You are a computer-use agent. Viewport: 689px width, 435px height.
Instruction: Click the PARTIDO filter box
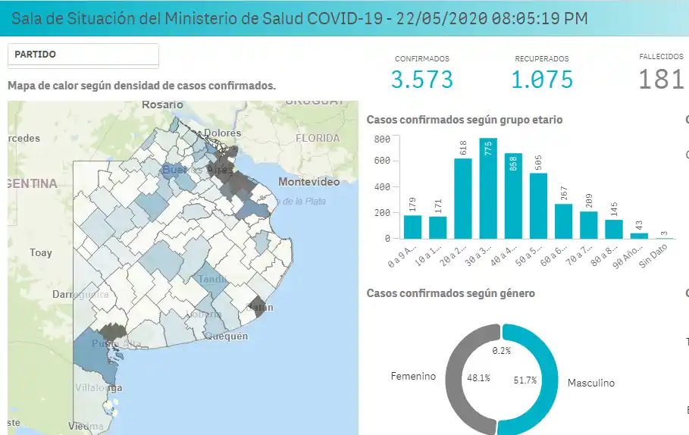pyautogui.click(x=83, y=55)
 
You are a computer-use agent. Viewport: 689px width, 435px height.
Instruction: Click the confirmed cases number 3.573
pyautogui.click(x=422, y=79)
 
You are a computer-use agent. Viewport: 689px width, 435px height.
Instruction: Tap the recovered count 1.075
pyautogui.click(x=541, y=79)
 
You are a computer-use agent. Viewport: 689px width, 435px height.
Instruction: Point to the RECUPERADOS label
pyautogui.click(x=541, y=58)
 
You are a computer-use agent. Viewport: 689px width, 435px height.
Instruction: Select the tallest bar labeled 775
pyautogui.click(x=488, y=189)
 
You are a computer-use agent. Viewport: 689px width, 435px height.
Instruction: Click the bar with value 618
pyautogui.click(x=462, y=199)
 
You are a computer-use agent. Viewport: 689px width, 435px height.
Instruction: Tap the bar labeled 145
pyautogui.click(x=614, y=229)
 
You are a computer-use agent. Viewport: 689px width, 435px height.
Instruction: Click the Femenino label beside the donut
pyautogui.click(x=413, y=376)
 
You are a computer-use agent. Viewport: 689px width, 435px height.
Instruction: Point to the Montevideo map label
pyautogui.click(x=308, y=183)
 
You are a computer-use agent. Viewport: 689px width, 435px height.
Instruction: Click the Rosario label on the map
pyautogui.click(x=162, y=105)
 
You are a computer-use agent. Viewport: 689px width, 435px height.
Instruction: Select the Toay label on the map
pyautogui.click(x=40, y=252)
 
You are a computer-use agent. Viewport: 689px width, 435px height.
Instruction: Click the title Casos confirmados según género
pyautogui.click(x=450, y=293)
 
